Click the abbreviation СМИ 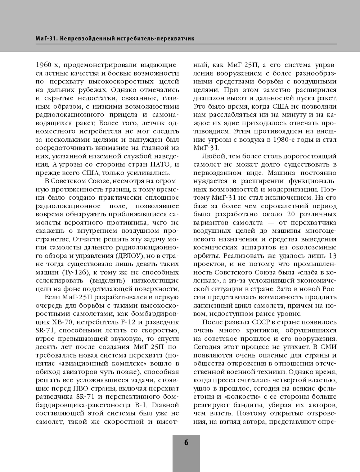tap(328, 347)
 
